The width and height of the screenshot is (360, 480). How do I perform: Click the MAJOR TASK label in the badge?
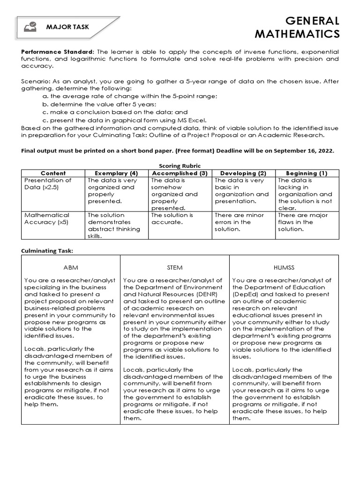click(67, 27)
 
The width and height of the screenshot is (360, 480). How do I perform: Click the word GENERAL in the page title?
click(313, 21)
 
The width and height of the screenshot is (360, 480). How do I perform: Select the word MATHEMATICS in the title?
click(298, 35)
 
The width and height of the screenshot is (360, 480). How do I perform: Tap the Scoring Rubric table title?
click(180, 166)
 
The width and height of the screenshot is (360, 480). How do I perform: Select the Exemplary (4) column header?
click(116, 173)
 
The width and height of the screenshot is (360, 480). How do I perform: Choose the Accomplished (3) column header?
click(180, 173)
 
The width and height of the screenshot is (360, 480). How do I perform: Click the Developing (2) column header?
click(243, 173)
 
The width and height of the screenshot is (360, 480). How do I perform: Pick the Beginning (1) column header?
click(307, 173)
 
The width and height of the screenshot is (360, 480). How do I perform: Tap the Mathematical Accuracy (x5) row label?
click(47, 218)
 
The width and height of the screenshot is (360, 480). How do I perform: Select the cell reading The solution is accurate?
click(172, 218)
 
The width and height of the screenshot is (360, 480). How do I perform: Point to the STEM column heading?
click(174, 267)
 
